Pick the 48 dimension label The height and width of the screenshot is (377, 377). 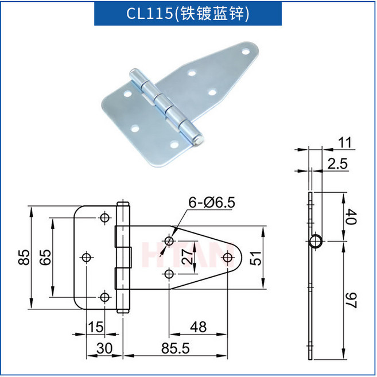click(198, 327)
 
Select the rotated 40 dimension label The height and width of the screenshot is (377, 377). click(351, 218)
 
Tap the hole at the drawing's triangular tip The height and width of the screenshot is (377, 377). click(228, 258)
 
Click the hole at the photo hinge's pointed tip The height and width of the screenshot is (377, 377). click(247, 50)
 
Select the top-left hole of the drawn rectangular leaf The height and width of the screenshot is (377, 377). click(104, 218)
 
